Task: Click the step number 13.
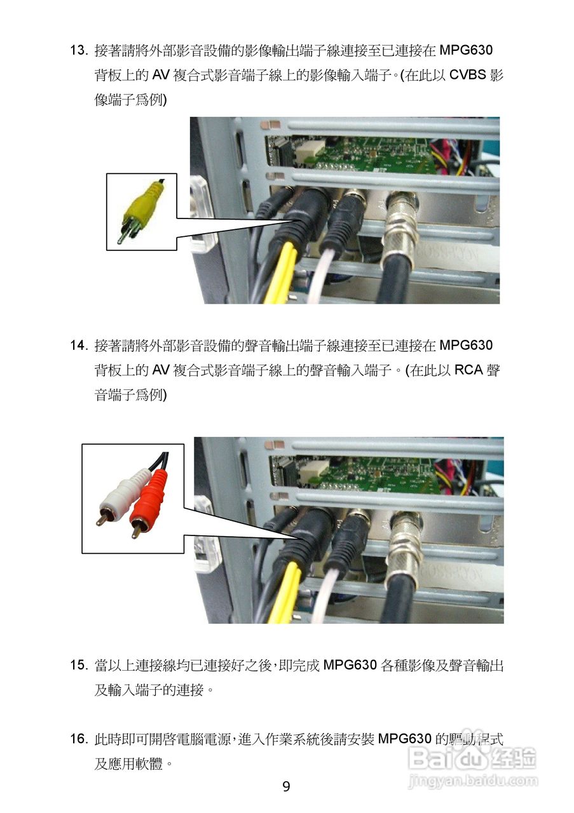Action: tap(79, 50)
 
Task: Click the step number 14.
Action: tap(79, 345)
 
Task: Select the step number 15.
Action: tap(79, 665)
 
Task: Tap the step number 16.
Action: tap(79, 739)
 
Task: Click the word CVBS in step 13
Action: tap(468, 75)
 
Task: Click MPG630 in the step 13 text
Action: tap(466, 50)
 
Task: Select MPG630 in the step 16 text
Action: tap(404, 739)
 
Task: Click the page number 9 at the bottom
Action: tap(286, 786)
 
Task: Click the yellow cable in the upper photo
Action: tap(282, 273)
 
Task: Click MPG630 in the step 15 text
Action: tap(350, 665)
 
